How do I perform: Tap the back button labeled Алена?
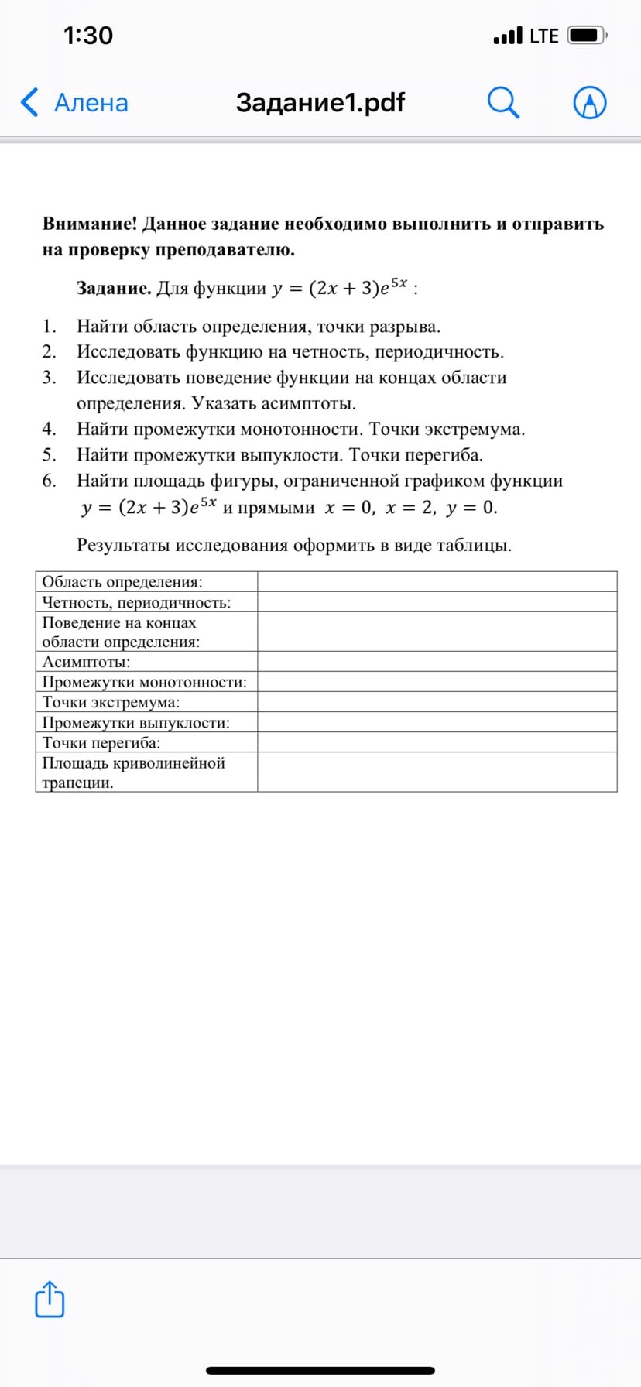pos(76,103)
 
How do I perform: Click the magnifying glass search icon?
pos(503,103)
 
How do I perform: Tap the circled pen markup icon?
pos(589,103)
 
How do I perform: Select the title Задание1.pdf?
pos(320,102)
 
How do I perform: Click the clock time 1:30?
pos(88,36)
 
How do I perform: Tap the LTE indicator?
pos(543,36)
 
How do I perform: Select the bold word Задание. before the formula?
pos(114,289)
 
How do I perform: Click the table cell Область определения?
pos(122,582)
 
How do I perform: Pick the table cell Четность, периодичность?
pos(136,602)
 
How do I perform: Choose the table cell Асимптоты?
pos(86,662)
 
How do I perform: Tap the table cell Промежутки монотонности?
pos(145,682)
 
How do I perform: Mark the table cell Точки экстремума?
pos(111,702)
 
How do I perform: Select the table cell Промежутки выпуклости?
pos(136,723)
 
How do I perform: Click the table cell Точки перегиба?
pos(101,743)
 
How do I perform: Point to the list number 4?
pos(49,429)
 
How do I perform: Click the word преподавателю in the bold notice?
pos(225,250)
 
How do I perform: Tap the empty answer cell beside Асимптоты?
pos(437,662)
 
